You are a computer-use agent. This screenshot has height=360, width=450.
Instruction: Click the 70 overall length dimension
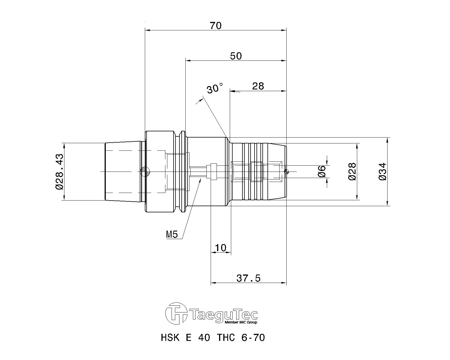pyautogui.click(x=216, y=26)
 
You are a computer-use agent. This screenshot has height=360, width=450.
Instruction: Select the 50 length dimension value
pyautogui.click(x=236, y=56)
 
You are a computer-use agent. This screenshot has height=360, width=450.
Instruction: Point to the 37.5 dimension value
pyautogui.click(x=248, y=278)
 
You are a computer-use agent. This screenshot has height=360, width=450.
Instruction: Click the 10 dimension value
pyautogui.click(x=220, y=248)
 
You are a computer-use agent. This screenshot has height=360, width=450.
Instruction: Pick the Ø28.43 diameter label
pyautogui.click(x=59, y=172)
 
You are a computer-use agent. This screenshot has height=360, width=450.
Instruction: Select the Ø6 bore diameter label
pyautogui.click(x=321, y=171)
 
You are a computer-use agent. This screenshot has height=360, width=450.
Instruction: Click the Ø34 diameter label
pyautogui.click(x=382, y=172)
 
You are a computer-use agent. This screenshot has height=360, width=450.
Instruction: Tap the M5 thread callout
pyautogui.click(x=172, y=235)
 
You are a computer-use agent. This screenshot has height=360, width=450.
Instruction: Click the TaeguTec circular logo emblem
pyautogui.click(x=176, y=313)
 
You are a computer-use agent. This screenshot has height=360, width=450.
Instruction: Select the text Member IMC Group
pyautogui.click(x=241, y=322)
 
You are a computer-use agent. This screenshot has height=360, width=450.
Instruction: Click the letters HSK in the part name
pyautogui.click(x=170, y=337)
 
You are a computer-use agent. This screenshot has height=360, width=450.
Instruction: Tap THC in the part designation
pyautogui.click(x=226, y=337)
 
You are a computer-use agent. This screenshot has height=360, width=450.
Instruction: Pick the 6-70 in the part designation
pyautogui.click(x=253, y=337)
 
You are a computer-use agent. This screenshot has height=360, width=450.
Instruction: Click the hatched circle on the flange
pyautogui.click(x=145, y=172)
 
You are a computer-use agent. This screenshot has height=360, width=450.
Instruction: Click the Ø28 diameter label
pyautogui.click(x=352, y=172)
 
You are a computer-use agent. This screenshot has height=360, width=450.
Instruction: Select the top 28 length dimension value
pyautogui.click(x=258, y=86)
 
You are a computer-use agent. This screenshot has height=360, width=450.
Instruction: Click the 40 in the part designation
pyautogui.click(x=204, y=337)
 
